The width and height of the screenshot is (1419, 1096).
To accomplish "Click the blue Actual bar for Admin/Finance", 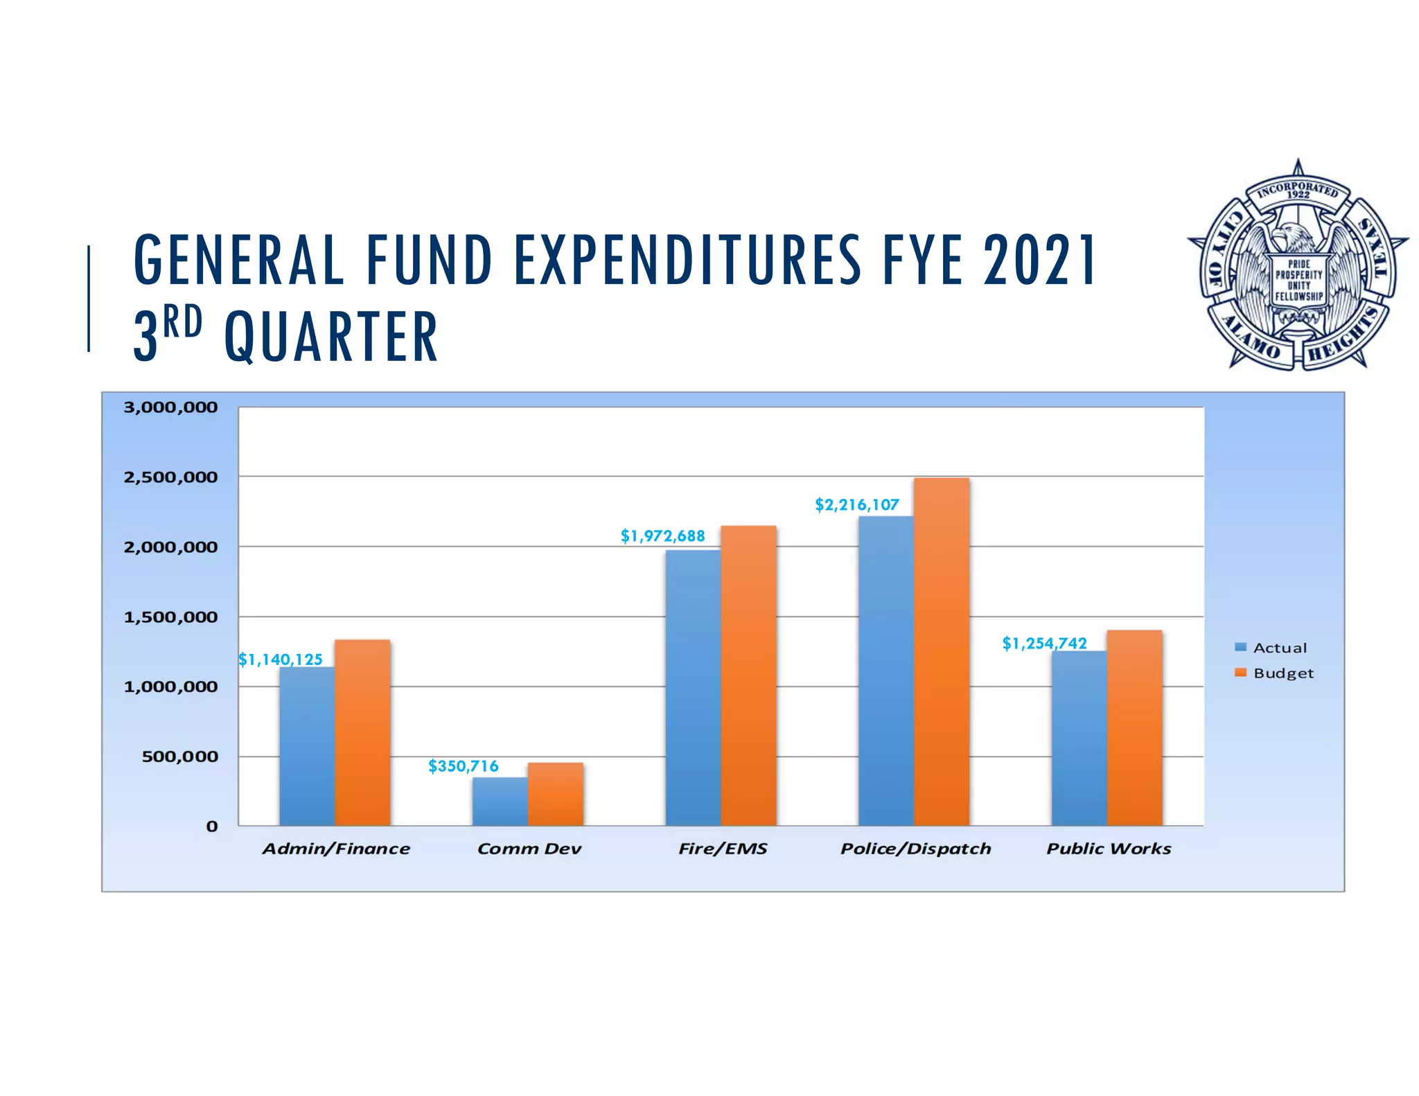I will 307,747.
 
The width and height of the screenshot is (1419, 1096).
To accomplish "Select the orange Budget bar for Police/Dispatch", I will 941,651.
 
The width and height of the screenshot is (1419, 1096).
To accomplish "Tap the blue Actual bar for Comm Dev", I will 500,802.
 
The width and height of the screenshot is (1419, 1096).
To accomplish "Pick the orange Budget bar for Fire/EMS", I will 748,675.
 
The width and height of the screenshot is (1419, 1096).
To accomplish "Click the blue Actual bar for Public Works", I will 1079,739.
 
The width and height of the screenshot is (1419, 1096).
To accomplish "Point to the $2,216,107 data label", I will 856,505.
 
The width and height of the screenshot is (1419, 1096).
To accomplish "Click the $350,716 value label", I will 463,766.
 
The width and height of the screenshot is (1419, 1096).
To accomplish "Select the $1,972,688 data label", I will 662,536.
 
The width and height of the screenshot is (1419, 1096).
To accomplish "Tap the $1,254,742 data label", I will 1044,644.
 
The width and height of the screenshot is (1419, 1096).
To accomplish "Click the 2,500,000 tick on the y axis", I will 170,477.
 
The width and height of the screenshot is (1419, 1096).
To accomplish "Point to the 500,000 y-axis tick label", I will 179,757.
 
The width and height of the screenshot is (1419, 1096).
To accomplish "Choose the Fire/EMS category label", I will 723,849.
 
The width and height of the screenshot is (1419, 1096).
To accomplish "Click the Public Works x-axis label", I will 1108,849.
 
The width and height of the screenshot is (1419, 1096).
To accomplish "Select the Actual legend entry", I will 1271,648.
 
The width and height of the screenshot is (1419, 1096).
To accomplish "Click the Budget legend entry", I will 1274,673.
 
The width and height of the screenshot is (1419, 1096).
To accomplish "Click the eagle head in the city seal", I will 1290,235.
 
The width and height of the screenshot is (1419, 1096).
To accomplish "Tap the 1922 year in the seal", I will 1298,195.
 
